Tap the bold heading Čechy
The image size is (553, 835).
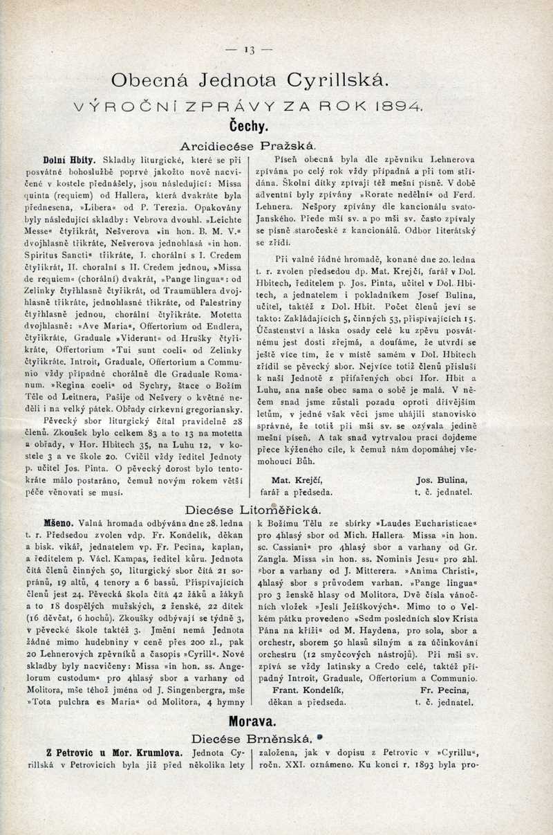249,127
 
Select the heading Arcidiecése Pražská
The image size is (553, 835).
248,146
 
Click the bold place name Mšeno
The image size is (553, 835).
58,524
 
